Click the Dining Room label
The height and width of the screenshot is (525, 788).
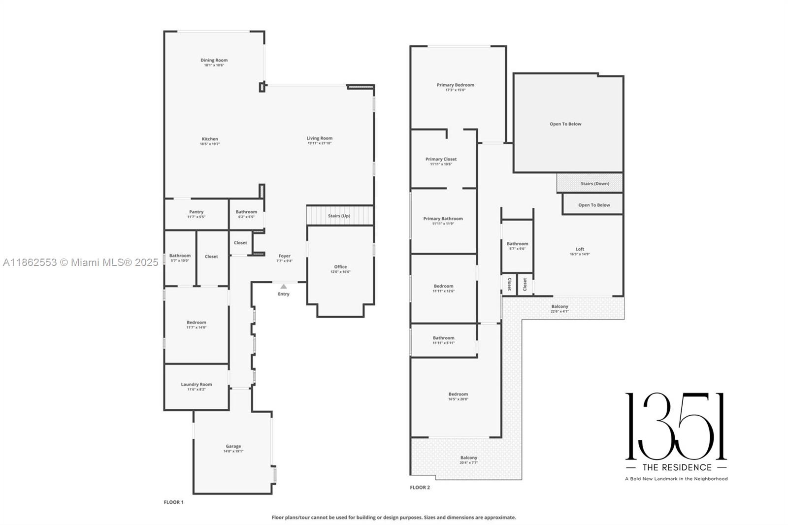tap(214, 60)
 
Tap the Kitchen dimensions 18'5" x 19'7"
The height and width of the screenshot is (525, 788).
tap(210, 144)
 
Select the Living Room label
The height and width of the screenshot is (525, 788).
tap(320, 138)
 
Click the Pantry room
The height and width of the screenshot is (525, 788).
tap(196, 214)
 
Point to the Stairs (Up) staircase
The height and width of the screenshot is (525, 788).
tap(339, 216)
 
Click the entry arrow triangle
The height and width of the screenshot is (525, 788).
tap(284, 287)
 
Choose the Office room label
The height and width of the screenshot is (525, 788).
tap(340, 266)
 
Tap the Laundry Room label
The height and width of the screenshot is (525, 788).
tap(196, 384)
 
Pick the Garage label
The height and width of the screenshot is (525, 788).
tap(233, 446)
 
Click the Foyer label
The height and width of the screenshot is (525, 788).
tap(285, 256)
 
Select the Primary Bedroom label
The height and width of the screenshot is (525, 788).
tap(455, 85)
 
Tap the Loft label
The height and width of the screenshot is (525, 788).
tap(580, 249)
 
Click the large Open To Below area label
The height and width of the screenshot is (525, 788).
tap(565, 124)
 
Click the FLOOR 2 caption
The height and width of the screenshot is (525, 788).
tap(420, 488)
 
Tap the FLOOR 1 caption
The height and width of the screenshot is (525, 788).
tap(173, 502)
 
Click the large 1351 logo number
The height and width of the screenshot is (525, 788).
tap(676, 427)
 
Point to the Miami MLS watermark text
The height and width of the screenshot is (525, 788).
tap(81, 262)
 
